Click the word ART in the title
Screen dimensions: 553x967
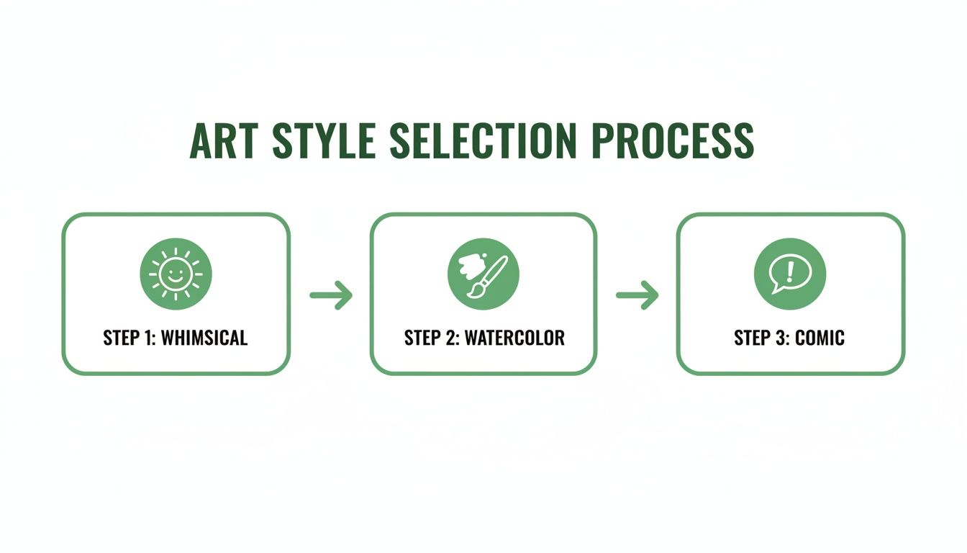[224, 141]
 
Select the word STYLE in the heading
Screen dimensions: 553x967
[324, 141]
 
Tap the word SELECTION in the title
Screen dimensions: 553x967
[483, 141]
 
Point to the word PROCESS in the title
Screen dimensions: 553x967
[673, 141]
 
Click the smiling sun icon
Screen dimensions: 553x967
[176, 274]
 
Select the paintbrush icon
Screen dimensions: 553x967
[483, 274]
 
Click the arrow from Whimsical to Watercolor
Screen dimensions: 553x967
[331, 295]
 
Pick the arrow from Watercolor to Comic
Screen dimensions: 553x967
[637, 295]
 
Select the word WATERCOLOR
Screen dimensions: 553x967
[514, 338]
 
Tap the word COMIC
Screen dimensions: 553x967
[820, 338]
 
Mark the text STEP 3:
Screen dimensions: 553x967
[761, 338]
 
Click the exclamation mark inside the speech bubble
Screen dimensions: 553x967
[791, 271]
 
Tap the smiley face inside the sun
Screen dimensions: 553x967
[176, 274]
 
